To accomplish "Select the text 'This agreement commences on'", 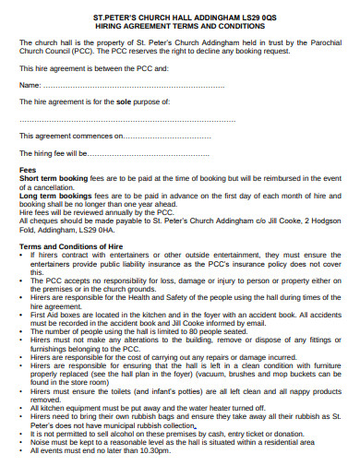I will pos(70,135).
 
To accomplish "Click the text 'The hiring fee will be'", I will pos(54,153).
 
